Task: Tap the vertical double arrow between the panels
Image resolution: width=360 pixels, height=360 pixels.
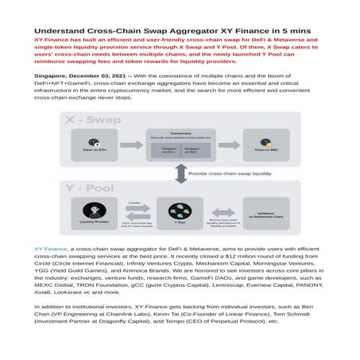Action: point(180,173)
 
